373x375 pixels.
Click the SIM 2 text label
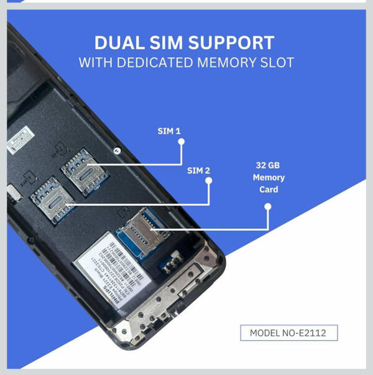click(x=200, y=170)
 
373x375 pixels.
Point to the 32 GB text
click(x=269, y=166)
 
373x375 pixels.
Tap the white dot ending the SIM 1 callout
click(x=182, y=142)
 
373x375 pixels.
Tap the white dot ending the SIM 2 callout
click(x=209, y=181)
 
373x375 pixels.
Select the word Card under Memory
click(x=269, y=190)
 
